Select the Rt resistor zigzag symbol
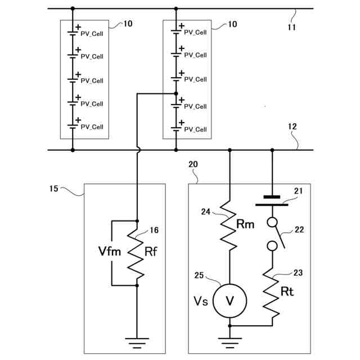coord(273,295)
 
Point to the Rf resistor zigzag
coord(137,253)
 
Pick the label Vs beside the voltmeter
coord(201,301)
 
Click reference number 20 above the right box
coord(193,164)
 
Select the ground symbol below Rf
coord(137,341)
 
